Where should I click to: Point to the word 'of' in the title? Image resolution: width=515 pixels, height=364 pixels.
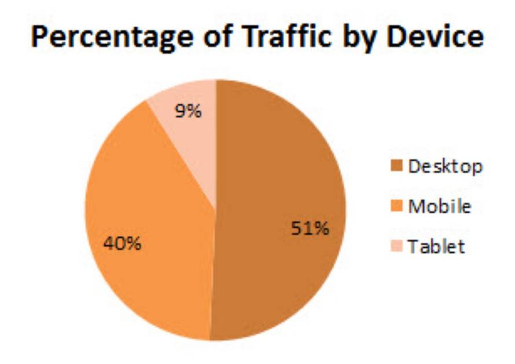click(x=211, y=38)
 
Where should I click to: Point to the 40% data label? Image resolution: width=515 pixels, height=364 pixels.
click(x=123, y=243)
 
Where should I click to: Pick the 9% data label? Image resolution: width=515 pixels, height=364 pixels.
click(x=189, y=111)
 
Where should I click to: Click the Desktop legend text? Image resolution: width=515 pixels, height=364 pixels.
click(x=445, y=167)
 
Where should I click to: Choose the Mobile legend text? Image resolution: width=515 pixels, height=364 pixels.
click(x=439, y=206)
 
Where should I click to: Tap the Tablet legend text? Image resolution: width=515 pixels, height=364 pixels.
click(x=436, y=246)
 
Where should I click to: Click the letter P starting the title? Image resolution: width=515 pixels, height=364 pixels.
click(x=41, y=38)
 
